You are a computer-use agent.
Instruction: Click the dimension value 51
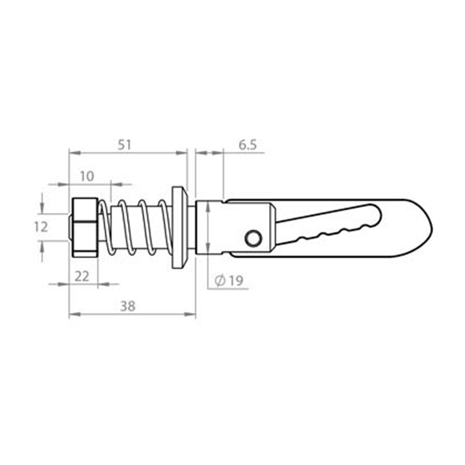[x=124, y=145]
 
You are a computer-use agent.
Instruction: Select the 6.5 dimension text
[x=248, y=145]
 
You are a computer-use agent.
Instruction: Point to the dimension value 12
[x=40, y=227]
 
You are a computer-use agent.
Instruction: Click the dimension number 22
[x=83, y=276]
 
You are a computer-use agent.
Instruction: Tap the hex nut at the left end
[x=84, y=227]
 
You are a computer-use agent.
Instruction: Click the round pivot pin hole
[x=253, y=237]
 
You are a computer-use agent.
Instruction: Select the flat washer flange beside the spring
[x=179, y=227]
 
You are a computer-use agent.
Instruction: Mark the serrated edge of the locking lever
[x=331, y=233]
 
